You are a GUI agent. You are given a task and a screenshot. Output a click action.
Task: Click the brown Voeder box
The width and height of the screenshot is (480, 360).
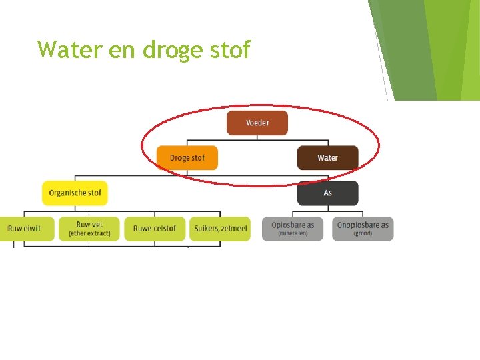pyautogui.click(x=257, y=123)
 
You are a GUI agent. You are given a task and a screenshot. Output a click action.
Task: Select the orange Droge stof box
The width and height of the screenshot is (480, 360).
pyautogui.click(x=187, y=158)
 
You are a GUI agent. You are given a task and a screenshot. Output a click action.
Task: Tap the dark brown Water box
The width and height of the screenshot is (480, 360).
pyautogui.click(x=327, y=158)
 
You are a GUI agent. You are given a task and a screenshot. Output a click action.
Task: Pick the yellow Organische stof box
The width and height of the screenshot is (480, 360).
pyautogui.click(x=75, y=193)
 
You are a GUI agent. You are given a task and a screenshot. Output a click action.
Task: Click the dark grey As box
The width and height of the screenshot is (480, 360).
pyautogui.click(x=327, y=193)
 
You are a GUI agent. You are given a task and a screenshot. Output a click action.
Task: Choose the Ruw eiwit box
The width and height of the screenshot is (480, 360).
pyautogui.click(x=25, y=229)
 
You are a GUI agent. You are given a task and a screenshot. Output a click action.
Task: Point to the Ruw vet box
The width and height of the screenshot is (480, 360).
pyautogui.click(x=89, y=229)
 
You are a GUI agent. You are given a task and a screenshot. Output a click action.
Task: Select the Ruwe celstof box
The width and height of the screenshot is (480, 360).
pyautogui.click(x=155, y=229)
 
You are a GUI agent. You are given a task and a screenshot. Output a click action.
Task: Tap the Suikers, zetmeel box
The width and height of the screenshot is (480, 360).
pyautogui.click(x=220, y=229)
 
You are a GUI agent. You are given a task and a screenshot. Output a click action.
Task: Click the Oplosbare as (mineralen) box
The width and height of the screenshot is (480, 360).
pyautogui.click(x=293, y=229)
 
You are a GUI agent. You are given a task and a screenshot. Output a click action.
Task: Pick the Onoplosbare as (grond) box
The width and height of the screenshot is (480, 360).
pyautogui.click(x=363, y=229)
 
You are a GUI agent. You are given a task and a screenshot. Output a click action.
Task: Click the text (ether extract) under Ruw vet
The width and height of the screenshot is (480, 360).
pyautogui.click(x=89, y=233)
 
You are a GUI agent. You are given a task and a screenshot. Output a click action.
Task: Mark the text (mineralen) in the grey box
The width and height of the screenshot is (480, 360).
pyautogui.click(x=293, y=233)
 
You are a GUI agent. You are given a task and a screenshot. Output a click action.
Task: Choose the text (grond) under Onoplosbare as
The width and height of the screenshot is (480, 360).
pyautogui.click(x=363, y=233)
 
